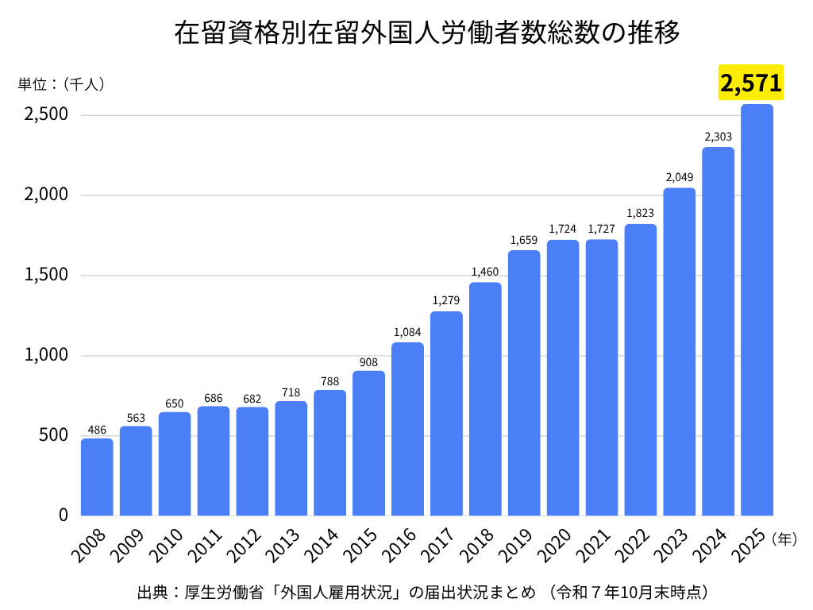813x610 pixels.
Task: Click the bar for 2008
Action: [x=97, y=477]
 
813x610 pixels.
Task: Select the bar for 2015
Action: [x=368, y=443]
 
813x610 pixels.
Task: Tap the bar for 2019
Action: [x=524, y=383]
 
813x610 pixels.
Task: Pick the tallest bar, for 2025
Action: [x=757, y=310]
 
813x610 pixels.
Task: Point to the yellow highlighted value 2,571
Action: [x=751, y=83]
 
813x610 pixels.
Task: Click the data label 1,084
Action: [x=407, y=332]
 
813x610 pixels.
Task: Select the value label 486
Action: [x=97, y=430]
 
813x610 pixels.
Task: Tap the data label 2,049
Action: [x=679, y=177]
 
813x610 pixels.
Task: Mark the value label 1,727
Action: [x=602, y=230]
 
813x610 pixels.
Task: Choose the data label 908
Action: [x=368, y=361]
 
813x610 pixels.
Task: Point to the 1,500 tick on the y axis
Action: [x=46, y=276]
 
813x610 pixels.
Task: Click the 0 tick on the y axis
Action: [x=63, y=515]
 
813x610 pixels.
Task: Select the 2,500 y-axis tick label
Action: [x=46, y=115]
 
